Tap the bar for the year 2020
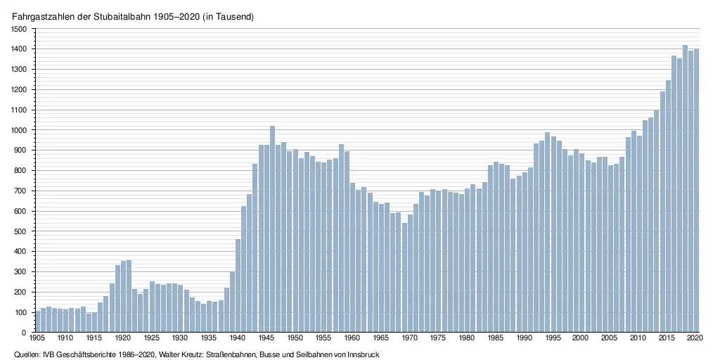coord(696,191)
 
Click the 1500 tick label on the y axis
coord(18,29)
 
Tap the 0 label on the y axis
coord(25,333)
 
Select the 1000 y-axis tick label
coord(18,130)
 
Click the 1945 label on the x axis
coord(266,339)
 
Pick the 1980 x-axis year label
coord(467,339)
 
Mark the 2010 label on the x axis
coord(638,339)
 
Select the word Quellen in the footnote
coord(27,355)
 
